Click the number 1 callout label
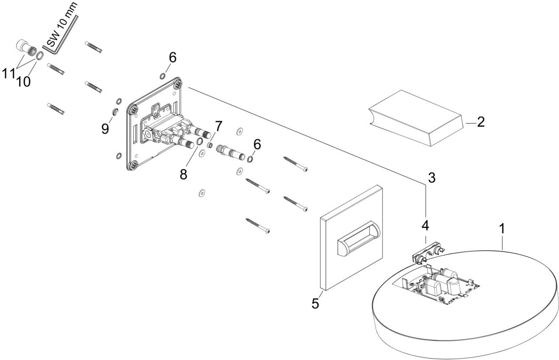tap(502, 228)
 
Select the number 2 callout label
tap(480, 122)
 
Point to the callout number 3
tap(431, 178)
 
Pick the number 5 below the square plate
tap(315, 303)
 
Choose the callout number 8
tap(183, 174)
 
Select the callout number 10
tap(24, 81)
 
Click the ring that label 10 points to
tap(39, 55)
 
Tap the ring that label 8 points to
tap(199, 142)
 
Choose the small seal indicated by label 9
tap(115, 111)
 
